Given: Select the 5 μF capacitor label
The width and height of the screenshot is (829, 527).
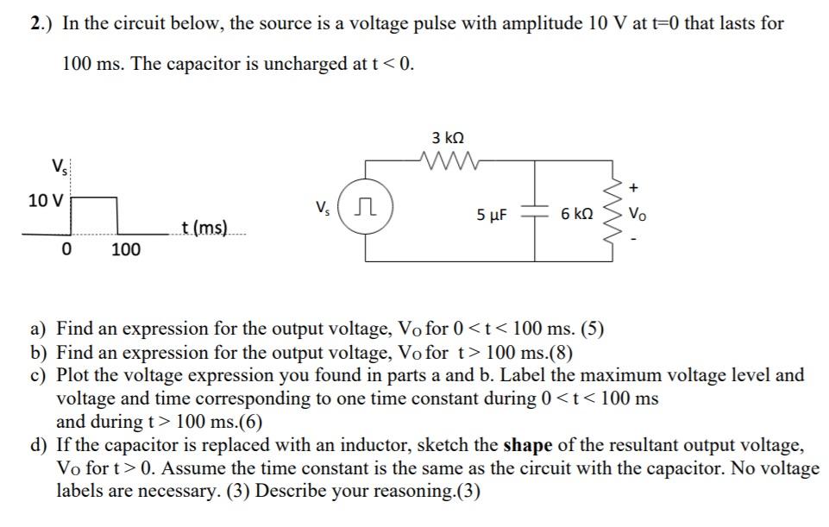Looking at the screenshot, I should (x=492, y=213).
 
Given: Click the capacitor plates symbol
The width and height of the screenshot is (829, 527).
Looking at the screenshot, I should (x=536, y=212).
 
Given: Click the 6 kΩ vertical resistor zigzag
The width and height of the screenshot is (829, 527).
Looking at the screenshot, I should (x=614, y=212).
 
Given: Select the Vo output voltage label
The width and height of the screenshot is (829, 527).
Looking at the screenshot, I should (x=637, y=213).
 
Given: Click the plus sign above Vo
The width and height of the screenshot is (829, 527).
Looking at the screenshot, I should (x=636, y=185).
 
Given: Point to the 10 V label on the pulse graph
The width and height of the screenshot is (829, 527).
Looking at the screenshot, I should (x=45, y=201).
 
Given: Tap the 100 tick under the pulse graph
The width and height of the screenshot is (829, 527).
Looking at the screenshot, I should (x=126, y=250).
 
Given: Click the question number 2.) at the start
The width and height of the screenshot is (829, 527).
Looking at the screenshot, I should (x=39, y=23).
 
